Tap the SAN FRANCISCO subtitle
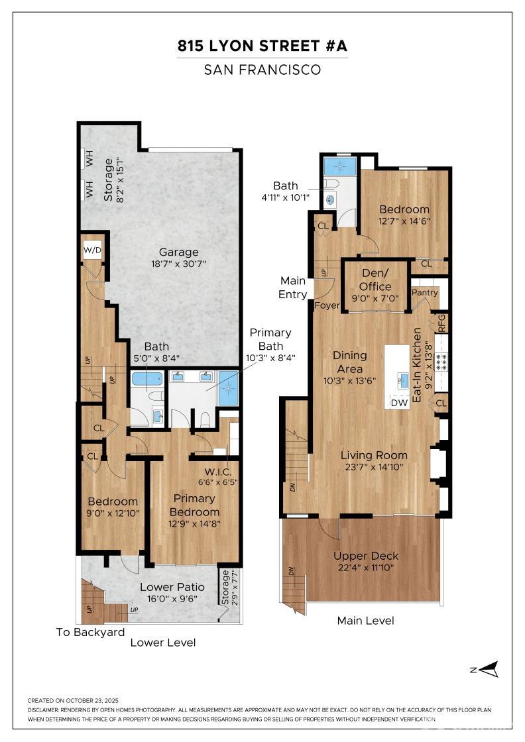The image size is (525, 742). point(262,69)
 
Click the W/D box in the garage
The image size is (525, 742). point(92,250)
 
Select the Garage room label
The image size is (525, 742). point(178,252)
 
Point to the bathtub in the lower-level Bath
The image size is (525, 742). point(146,379)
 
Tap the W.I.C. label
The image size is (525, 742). point(217,472)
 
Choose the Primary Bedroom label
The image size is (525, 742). point(194,505)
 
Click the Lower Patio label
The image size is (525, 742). point(172,587)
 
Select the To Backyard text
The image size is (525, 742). point(90,632)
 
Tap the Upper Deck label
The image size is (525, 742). point(366,556)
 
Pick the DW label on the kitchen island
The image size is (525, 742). point(398,401)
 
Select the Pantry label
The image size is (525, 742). point(424,292)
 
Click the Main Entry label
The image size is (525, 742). point(293,288)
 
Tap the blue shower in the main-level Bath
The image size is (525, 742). point(339,165)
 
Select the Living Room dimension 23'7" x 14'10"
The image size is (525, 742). point(374,466)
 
